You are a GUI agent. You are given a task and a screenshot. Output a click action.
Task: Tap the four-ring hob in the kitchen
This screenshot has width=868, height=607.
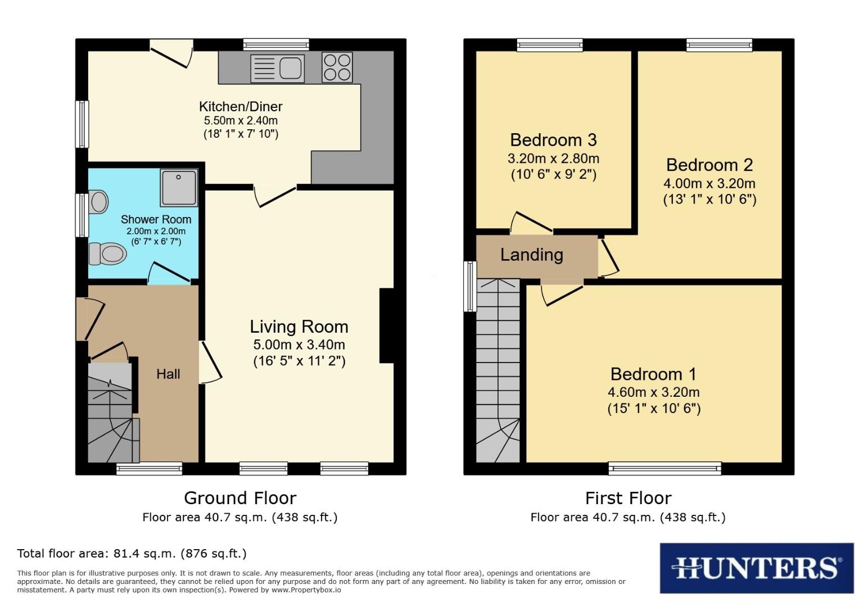coord(337,67)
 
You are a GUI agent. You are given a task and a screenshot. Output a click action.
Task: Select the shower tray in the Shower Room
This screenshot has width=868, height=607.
coord(179,187)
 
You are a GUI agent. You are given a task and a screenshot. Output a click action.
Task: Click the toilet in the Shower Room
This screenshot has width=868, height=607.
coord(107,253)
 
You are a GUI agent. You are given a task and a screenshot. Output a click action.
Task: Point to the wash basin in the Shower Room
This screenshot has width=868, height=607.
coord(98,202)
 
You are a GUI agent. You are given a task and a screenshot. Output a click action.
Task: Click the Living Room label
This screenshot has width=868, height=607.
coord(299,327)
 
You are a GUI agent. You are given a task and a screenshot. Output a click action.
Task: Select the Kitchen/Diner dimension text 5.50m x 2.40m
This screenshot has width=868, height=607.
coord(241,120)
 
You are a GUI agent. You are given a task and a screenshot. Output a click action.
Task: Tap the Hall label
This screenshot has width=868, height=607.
coord(168,374)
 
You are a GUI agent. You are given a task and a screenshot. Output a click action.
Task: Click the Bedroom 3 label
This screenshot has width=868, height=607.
coord(553,139)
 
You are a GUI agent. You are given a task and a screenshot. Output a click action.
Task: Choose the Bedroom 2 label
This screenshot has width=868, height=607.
coord(709,165)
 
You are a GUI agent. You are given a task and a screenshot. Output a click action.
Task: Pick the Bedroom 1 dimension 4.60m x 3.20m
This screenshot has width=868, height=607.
coord(653,392)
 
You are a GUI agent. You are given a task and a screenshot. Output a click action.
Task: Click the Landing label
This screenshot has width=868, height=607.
coord(531,255)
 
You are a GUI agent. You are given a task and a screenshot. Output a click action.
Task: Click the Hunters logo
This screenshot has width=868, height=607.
coord(756,568)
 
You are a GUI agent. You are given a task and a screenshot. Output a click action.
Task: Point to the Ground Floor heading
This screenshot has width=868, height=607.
coord(240,498)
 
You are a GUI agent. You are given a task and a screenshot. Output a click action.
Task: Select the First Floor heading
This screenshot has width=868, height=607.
coord(628,498)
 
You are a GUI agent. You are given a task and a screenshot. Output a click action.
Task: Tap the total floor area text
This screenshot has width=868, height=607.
coord(132,554)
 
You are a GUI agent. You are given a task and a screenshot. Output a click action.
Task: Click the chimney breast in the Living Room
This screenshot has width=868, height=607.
coord(387,325)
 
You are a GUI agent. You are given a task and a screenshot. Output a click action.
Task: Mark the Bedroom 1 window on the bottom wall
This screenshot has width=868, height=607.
coord(664,468)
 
